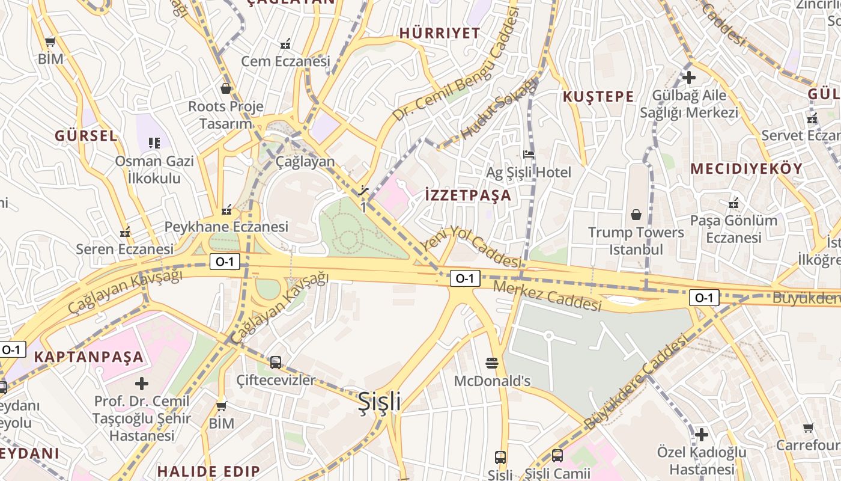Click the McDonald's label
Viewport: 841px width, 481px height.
point(492,381)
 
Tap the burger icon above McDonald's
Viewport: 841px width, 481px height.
point(492,363)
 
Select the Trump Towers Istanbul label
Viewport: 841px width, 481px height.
point(636,240)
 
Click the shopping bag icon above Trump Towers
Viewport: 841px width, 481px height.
point(636,215)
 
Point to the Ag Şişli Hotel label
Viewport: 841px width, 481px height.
point(529,173)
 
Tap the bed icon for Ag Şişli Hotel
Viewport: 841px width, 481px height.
point(529,155)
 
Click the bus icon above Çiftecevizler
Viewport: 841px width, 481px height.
point(276,362)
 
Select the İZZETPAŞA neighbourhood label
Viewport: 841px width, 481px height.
point(468,195)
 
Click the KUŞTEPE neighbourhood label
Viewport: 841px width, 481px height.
point(598,97)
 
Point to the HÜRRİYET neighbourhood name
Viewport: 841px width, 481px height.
point(440,33)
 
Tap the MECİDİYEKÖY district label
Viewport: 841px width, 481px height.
point(746,169)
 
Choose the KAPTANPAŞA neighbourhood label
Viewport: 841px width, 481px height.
point(89,357)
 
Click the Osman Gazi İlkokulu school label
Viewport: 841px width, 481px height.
point(154,170)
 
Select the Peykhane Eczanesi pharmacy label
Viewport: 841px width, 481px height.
point(226,227)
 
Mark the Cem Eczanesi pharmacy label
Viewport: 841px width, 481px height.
point(286,61)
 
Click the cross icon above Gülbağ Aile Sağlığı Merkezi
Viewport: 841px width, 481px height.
point(689,78)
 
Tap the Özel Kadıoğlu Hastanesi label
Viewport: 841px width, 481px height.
point(702,461)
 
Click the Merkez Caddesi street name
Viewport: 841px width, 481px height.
point(547,295)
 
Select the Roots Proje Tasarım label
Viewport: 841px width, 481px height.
point(226,115)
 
